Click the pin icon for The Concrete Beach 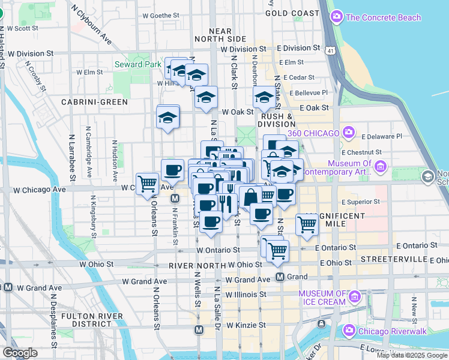(x=337, y=16)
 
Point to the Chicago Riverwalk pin (x=349, y=331)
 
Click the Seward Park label (x=137, y=64)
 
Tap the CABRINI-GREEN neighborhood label (x=94, y=102)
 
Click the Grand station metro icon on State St (x=280, y=277)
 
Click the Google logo (x=20, y=353)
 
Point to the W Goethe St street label (x=160, y=16)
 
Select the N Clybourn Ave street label (x=91, y=25)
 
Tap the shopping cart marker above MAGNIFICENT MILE (x=307, y=224)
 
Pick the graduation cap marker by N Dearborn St (x=264, y=97)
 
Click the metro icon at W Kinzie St (x=199, y=329)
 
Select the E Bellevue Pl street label (x=309, y=92)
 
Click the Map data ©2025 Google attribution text (x=412, y=355)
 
